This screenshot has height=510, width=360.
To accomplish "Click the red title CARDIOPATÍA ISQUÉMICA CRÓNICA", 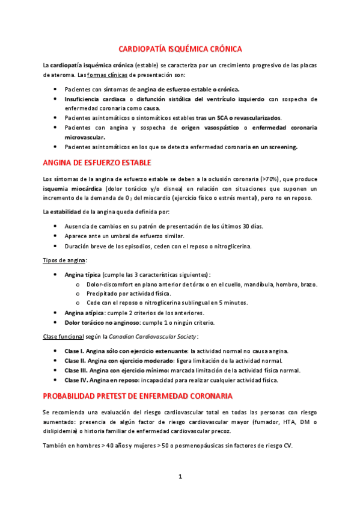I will pos(180,49).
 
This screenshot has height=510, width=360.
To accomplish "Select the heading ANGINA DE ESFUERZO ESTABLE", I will pos(97,163).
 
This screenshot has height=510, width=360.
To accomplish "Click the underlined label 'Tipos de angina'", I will pos(65,260).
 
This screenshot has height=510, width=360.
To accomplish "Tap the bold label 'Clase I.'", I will pos(75,351).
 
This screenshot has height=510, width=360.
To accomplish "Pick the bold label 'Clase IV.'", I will pos(77,380).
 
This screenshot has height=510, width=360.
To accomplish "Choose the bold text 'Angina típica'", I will pos(82,274).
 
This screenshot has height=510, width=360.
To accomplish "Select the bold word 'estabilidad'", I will pos(68,211).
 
